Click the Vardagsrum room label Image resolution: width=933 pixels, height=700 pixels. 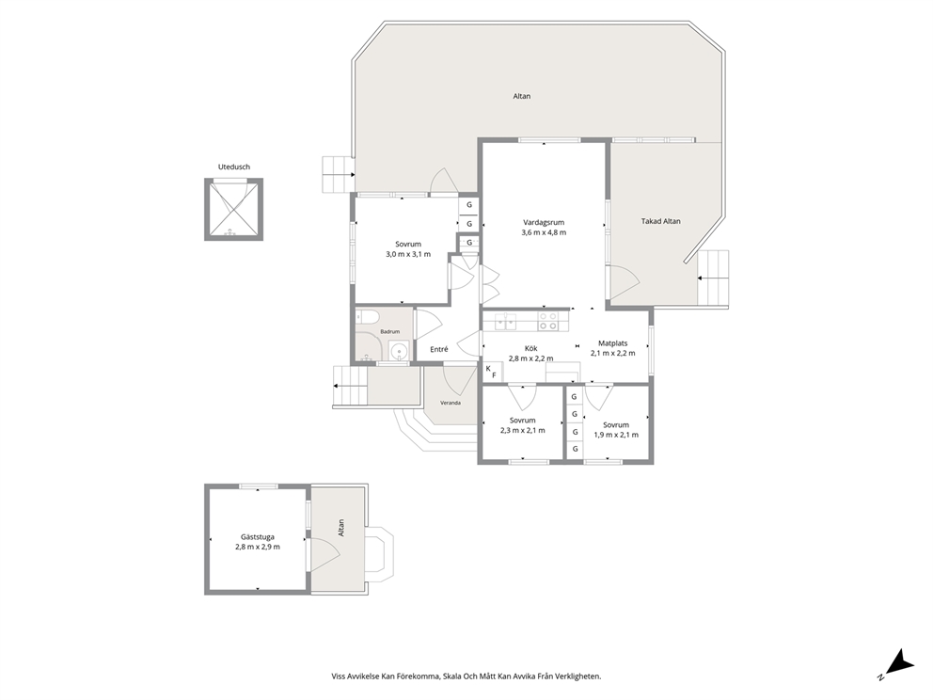pos(544,223)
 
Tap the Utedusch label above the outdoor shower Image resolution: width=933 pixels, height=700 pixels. pos(234,167)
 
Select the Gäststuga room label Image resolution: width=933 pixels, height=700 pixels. pos(258,537)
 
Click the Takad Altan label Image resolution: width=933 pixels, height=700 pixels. pos(660,221)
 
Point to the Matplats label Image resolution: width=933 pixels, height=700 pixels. pos(613,343)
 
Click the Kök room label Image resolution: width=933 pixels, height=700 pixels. pos(530,349)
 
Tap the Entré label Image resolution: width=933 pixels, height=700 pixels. pos(439,350)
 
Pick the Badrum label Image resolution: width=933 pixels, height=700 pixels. pos(389,331)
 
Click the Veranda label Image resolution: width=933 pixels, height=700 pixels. pos(451,403)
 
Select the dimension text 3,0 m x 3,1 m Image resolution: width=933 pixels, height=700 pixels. pos(408,254)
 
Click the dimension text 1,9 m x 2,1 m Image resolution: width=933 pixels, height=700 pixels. pos(616,435)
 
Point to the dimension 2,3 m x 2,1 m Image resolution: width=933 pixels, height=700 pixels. pos(522,430)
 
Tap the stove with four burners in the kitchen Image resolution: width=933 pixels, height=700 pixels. pos(547,321)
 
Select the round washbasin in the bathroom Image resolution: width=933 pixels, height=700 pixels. pos(398,351)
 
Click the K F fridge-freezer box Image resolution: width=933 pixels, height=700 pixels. pos(492,372)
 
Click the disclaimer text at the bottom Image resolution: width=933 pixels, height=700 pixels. pos(466,676)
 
